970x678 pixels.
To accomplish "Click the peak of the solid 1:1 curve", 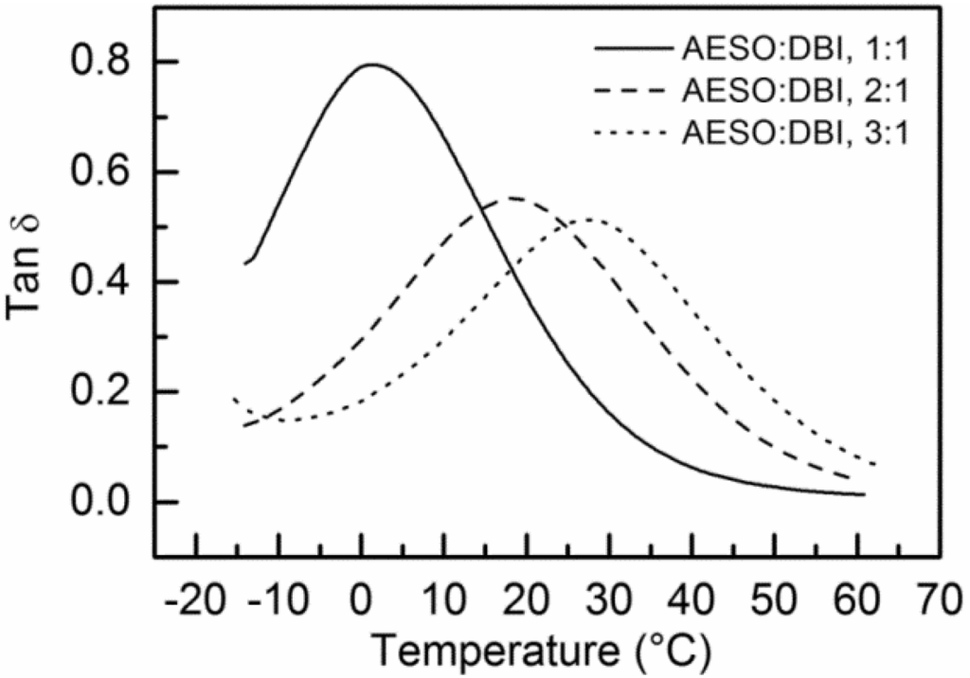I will coord(371,64).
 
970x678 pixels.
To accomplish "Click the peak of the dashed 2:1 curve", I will coord(512,198).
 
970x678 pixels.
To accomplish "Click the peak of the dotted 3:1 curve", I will coord(589,220).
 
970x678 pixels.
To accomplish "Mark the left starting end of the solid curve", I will coord(244,263).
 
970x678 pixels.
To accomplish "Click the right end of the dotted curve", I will coord(874,464).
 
